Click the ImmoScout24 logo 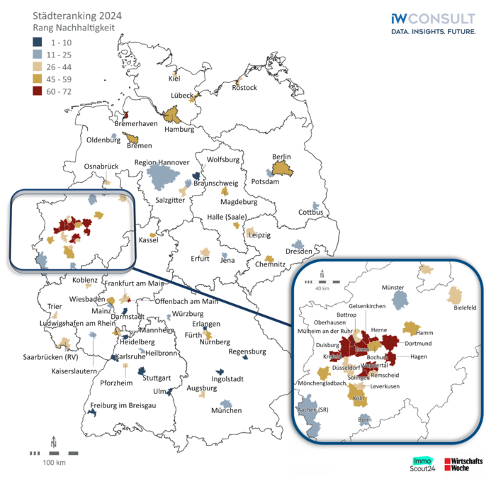tap(424, 463)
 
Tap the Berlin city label tap(282, 157)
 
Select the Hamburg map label tap(179, 130)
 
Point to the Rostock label tap(244, 88)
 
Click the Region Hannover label tap(162, 162)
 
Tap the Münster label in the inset tap(397, 288)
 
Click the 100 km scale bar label tap(54, 463)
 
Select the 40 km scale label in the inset tap(322, 288)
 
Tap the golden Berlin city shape tap(281, 169)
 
